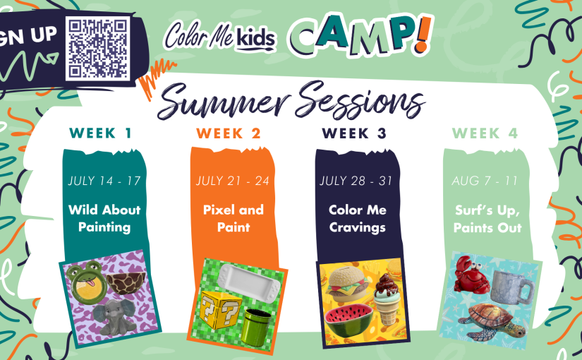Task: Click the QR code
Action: tap(98, 48)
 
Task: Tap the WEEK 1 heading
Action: tap(101, 133)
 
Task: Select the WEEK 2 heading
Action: tap(229, 133)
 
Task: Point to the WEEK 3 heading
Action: tap(354, 133)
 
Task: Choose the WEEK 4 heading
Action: tap(485, 133)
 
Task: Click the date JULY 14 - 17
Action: tap(104, 181)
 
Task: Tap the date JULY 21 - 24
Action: tap(233, 181)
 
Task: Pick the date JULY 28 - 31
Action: tap(356, 181)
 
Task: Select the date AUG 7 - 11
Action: tap(485, 181)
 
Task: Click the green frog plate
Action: tap(86, 281)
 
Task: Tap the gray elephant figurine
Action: tap(114, 316)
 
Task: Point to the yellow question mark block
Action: tap(221, 310)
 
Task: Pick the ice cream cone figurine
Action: tap(387, 298)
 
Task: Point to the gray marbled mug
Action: tap(512, 287)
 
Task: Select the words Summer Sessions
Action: tap(291, 100)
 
